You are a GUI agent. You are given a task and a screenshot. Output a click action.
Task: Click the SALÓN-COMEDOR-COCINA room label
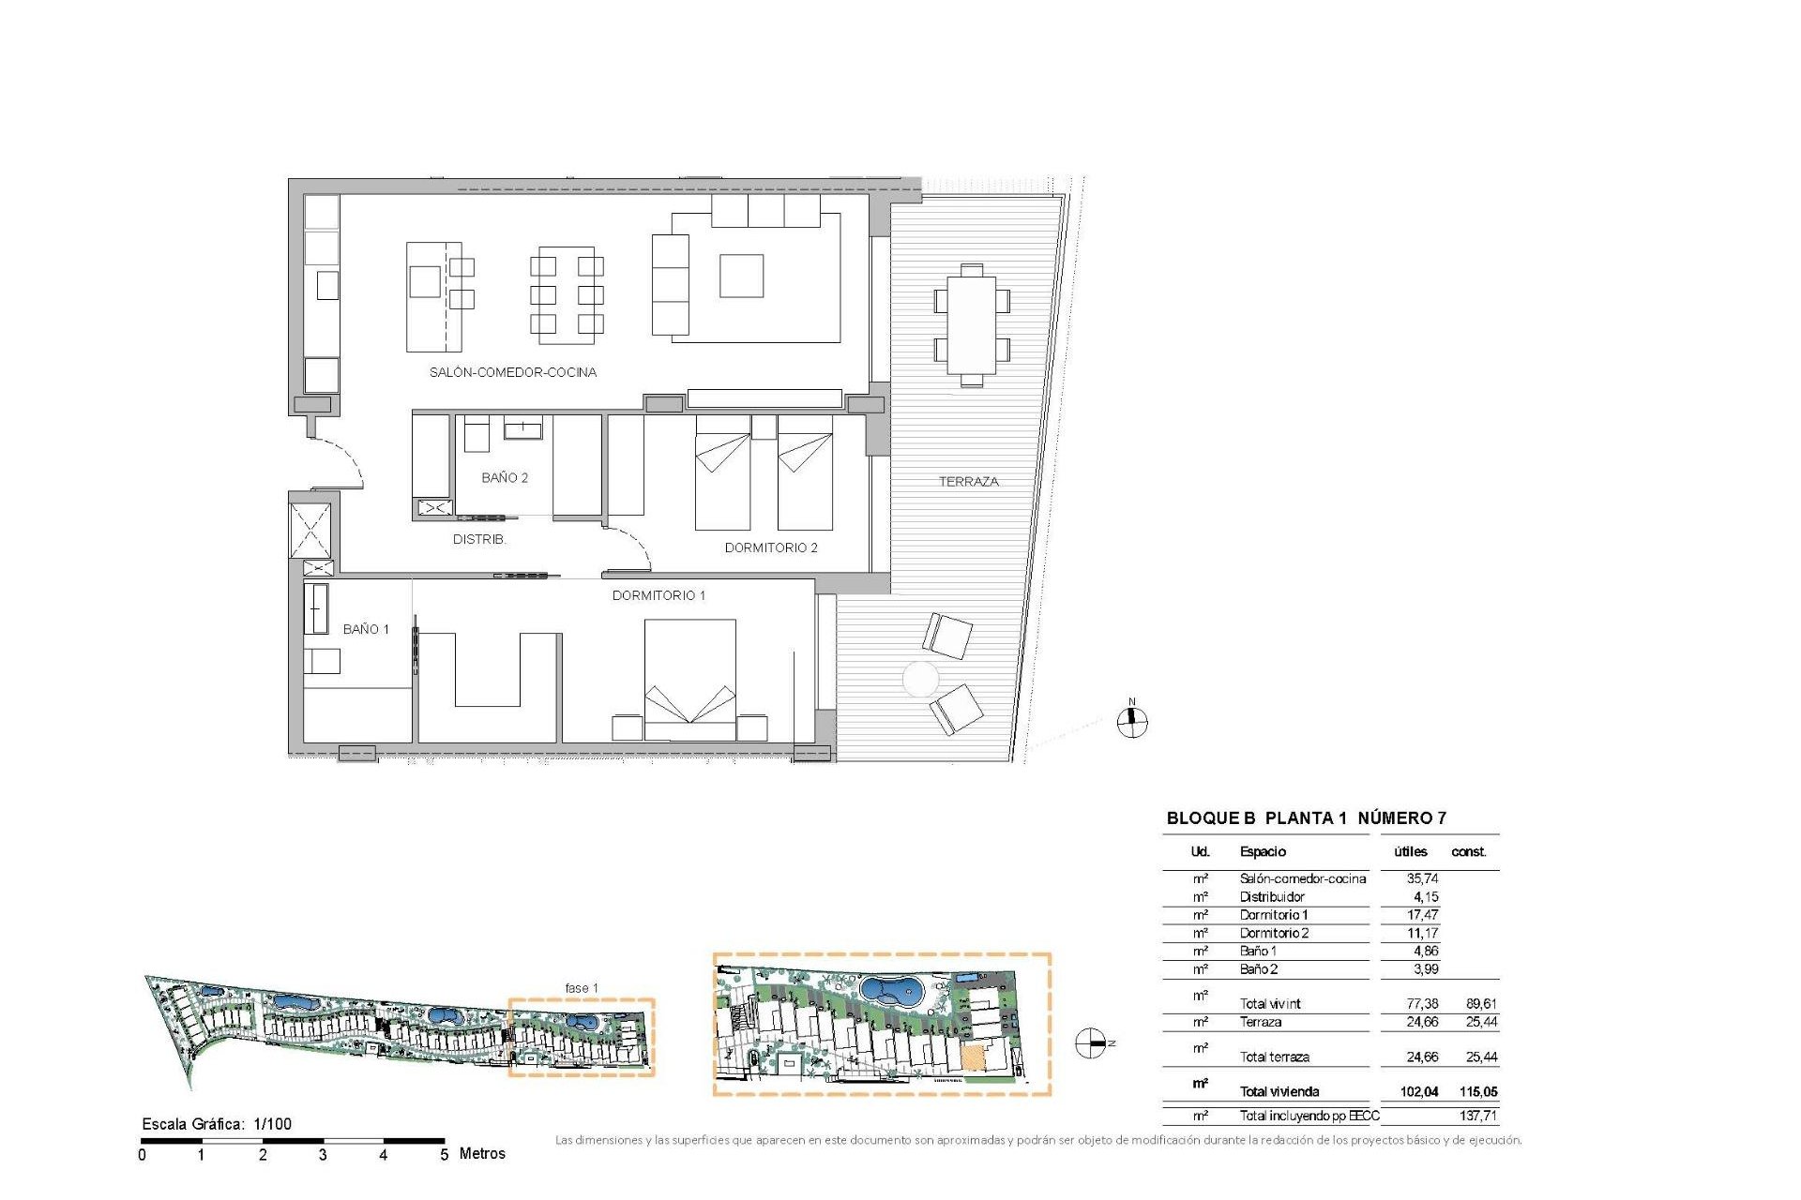512,372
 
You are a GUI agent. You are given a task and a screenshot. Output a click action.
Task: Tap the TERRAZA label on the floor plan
968,481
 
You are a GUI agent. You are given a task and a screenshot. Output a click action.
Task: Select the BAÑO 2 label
504,477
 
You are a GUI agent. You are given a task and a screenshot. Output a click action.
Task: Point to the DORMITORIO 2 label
770,547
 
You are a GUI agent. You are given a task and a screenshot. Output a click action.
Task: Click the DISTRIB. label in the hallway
478,539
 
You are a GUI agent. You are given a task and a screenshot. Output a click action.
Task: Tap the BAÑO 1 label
365,629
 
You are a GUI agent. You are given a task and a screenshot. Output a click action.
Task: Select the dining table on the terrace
971,325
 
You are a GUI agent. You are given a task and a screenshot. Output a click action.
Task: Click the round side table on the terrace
919,679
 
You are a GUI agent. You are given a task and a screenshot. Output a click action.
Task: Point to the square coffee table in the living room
741,276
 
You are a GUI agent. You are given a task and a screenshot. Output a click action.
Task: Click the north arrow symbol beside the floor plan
1132,721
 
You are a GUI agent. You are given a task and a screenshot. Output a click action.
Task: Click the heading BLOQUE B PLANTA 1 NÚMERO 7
1306,817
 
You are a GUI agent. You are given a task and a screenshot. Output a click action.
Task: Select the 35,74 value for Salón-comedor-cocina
1422,878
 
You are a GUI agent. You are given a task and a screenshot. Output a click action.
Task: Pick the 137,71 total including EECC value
1477,1116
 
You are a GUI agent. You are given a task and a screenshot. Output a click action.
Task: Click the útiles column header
1410,851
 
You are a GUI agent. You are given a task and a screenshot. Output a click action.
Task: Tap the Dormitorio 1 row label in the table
1273,914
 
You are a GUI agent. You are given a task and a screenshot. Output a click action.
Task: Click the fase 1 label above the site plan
581,987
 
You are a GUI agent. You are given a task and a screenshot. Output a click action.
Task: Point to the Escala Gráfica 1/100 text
217,1123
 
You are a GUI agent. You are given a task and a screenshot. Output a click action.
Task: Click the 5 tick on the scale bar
444,1154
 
